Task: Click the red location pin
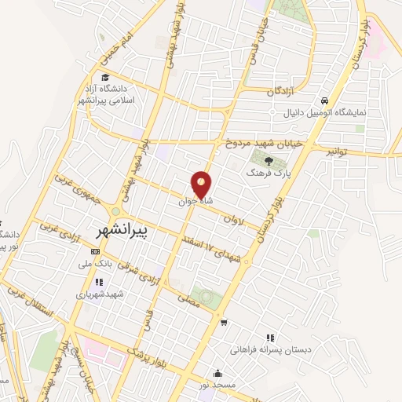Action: (202, 185)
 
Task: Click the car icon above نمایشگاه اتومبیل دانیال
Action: (323, 100)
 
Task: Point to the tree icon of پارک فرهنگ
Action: (269, 162)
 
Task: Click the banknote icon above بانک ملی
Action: (96, 252)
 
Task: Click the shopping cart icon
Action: (225, 322)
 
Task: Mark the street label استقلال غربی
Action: (31, 302)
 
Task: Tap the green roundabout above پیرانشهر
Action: (116, 212)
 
